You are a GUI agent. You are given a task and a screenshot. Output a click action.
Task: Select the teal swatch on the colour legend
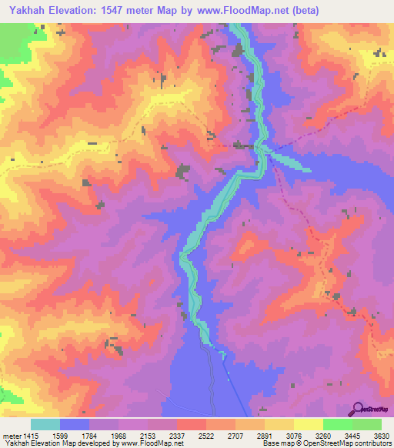(x=45, y=425)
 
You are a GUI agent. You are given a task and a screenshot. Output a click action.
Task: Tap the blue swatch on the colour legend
(x=74, y=425)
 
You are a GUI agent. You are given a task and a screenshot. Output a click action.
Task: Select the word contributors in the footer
(x=370, y=443)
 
